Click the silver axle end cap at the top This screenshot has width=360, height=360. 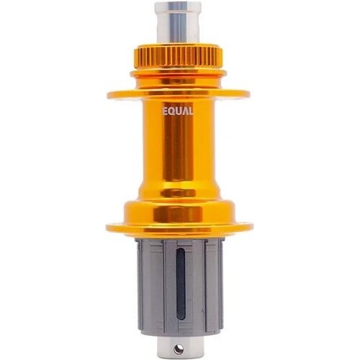178,23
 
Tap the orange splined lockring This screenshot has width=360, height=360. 178,58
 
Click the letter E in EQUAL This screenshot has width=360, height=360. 165,112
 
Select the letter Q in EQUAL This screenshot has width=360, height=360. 171,112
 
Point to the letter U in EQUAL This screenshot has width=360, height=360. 179,112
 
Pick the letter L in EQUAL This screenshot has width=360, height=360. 190,112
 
